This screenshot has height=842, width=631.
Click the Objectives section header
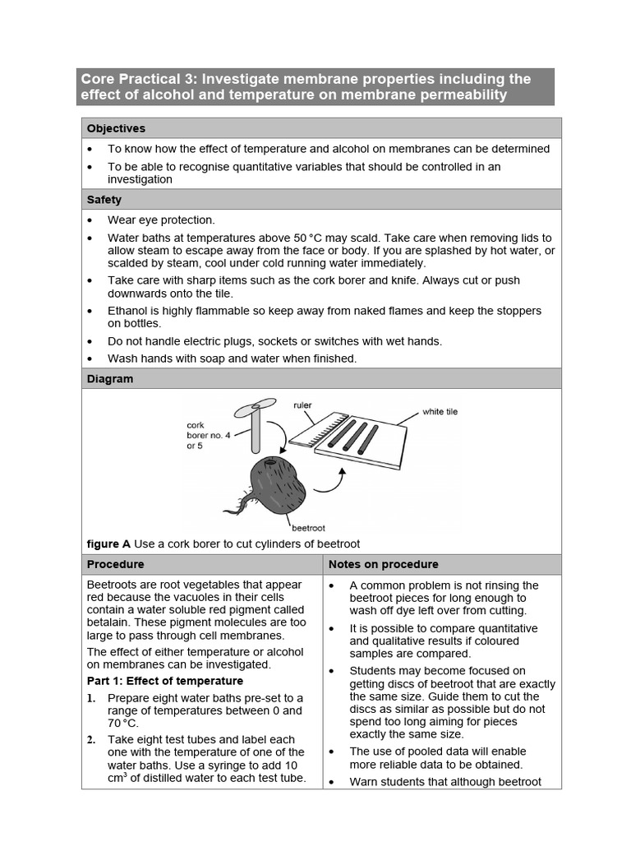[x=116, y=128]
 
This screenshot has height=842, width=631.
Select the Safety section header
[x=104, y=200]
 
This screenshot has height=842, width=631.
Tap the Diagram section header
[x=110, y=379]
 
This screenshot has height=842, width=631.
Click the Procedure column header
[x=116, y=564]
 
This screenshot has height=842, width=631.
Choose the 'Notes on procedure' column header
[x=383, y=564]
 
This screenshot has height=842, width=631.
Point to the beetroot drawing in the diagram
[x=277, y=485]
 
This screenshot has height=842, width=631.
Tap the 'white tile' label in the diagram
[x=440, y=411]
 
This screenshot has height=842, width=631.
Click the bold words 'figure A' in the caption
[x=108, y=544]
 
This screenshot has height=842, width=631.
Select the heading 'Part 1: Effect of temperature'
[x=165, y=681]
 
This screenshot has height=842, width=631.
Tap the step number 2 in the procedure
[x=92, y=740]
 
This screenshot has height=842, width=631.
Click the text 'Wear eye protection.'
[x=161, y=220]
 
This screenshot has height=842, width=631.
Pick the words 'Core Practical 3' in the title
[x=138, y=80]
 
